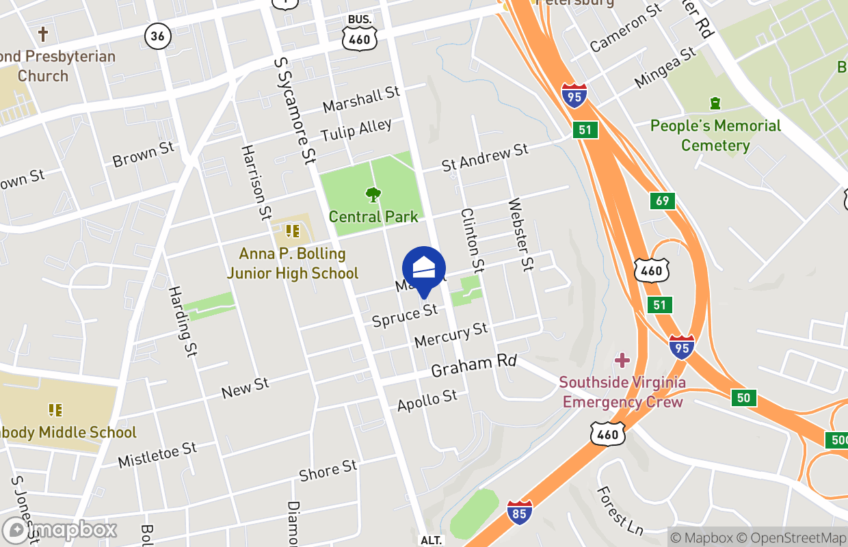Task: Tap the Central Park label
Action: point(373,217)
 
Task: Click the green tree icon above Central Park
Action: point(373,195)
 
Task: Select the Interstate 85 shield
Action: point(520,512)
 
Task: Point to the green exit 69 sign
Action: point(662,201)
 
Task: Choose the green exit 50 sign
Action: point(743,397)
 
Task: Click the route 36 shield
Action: point(157,36)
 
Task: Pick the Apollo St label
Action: point(427,400)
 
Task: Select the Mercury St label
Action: point(451,334)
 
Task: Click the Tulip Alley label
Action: point(356,129)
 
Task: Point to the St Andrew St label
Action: point(485,157)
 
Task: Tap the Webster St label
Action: point(520,234)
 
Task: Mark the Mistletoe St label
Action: point(157,455)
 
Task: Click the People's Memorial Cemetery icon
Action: point(715,103)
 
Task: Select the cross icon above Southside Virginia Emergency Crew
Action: point(622,360)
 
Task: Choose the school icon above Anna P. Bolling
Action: point(293,231)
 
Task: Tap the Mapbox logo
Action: point(60,530)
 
